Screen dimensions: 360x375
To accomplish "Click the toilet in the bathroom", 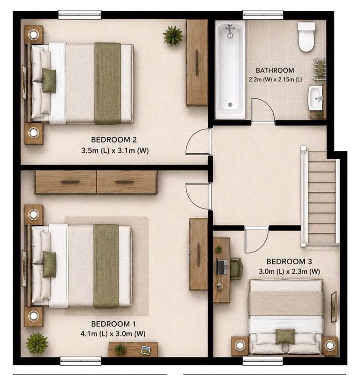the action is [x=306, y=37].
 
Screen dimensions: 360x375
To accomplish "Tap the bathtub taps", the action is [x=230, y=31].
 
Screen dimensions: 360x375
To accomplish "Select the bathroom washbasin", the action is [x=315, y=98].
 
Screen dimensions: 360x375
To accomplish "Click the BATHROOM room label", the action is [x=275, y=70].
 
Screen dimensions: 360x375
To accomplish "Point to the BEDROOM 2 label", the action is [x=114, y=140].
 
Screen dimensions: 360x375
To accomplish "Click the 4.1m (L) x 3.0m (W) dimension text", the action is [x=113, y=333].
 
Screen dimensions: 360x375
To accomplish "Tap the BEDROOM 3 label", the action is [x=289, y=261].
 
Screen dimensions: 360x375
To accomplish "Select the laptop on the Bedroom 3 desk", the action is [x=222, y=267].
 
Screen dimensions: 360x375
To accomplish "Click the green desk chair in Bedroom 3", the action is [x=237, y=269].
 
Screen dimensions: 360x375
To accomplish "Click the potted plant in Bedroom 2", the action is [x=173, y=36].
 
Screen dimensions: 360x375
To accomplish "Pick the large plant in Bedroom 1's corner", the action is [x=37, y=343].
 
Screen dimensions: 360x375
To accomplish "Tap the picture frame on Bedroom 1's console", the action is [x=146, y=350].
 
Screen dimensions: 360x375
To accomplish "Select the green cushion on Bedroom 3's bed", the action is [x=285, y=337].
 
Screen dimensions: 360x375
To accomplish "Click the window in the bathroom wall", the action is [x=263, y=15].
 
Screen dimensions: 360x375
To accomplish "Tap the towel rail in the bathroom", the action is [x=320, y=70].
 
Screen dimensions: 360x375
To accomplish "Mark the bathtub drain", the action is [x=230, y=104].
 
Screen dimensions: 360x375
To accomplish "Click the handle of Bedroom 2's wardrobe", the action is [x=197, y=62].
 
